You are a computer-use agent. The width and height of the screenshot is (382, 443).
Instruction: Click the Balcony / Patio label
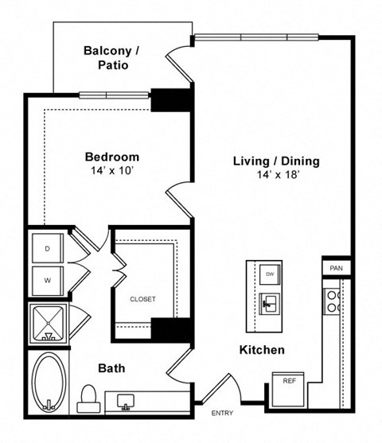[x=111, y=58]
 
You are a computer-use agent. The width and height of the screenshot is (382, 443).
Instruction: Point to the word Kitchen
[x=262, y=350]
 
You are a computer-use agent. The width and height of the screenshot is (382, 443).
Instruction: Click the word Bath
[x=111, y=368]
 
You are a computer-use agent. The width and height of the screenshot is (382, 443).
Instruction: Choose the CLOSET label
[x=142, y=299]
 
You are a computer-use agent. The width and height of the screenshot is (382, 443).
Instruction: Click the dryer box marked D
[x=48, y=249]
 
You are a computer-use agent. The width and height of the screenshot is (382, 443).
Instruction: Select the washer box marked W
[x=48, y=279]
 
